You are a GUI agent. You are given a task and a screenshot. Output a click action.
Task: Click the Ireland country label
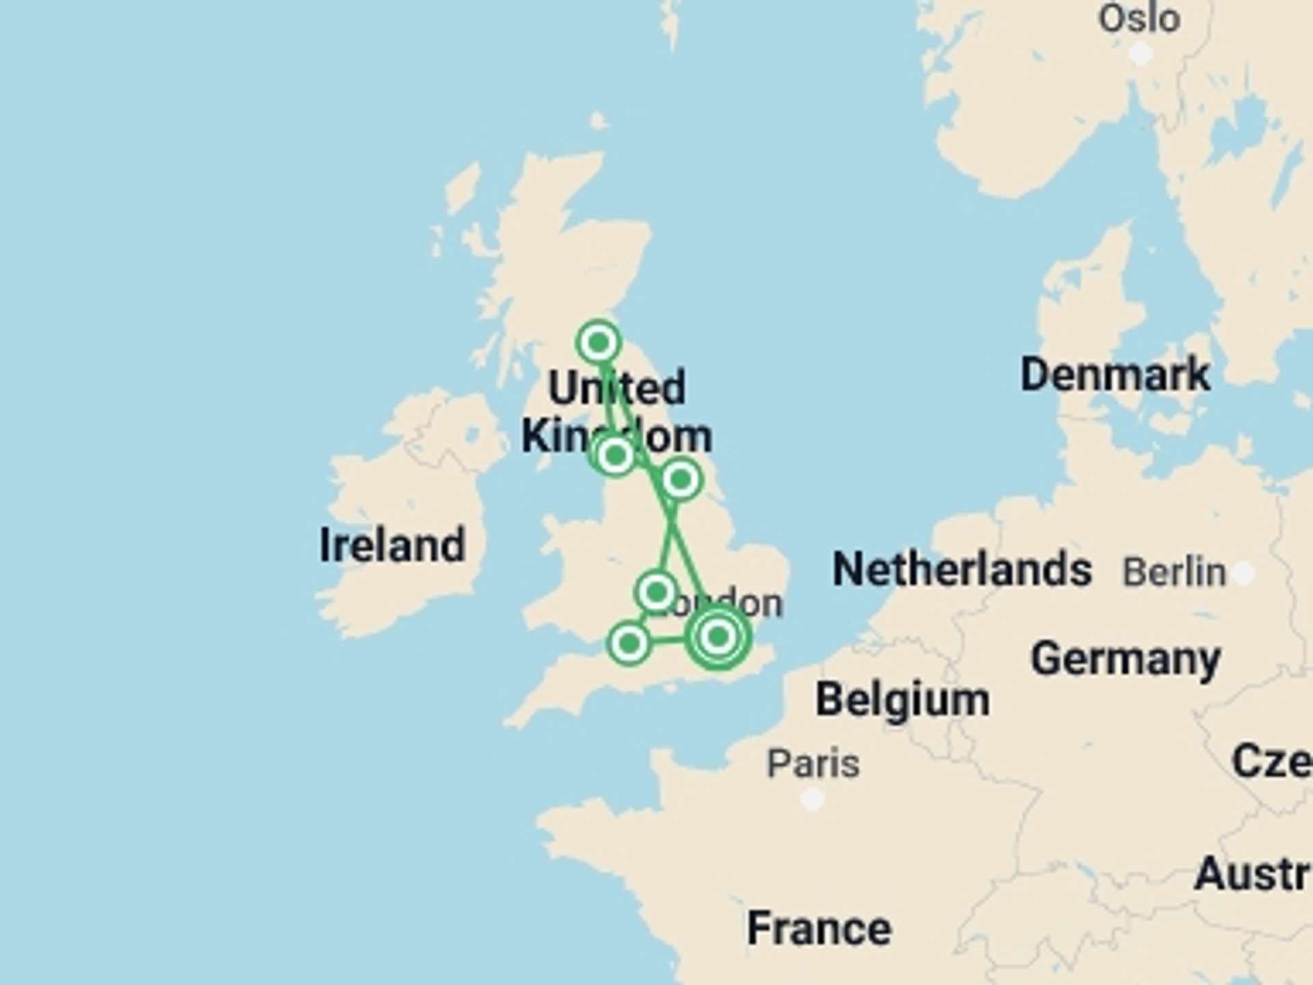click(393, 545)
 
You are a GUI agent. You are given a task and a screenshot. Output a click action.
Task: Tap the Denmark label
click(1115, 375)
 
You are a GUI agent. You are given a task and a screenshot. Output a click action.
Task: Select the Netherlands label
click(961, 569)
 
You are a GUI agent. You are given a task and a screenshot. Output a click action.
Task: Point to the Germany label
click(1125, 659)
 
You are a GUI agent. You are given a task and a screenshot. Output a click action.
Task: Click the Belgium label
click(902, 700)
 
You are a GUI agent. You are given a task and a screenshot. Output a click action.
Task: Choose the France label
click(819, 928)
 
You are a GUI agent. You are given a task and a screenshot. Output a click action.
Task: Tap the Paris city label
click(813, 763)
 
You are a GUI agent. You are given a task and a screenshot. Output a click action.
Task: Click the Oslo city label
click(1139, 18)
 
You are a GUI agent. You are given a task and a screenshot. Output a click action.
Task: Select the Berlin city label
click(1174, 572)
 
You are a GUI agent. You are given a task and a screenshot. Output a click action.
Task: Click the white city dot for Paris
click(812, 798)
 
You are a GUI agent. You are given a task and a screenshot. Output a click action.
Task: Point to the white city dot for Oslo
click(1140, 53)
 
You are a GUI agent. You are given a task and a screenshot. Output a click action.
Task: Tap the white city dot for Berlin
click(1244, 573)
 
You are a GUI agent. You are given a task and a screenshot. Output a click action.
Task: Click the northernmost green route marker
click(599, 342)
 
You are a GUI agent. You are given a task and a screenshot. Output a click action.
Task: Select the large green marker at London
click(717, 637)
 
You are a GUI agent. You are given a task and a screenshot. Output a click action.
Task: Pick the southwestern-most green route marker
click(629, 643)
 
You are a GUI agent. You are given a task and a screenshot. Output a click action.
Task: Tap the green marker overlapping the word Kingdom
click(615, 455)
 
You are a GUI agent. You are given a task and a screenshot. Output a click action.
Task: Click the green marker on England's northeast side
click(680, 480)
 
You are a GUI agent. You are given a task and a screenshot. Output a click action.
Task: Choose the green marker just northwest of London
click(656, 592)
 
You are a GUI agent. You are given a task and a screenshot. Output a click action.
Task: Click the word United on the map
click(616, 388)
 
